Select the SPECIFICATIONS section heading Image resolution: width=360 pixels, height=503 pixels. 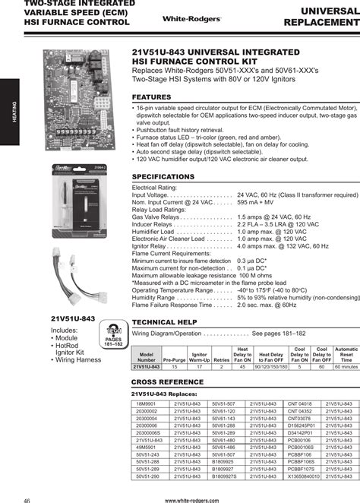tap(164, 176)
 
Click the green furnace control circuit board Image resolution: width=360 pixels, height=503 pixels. tap(83, 114)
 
